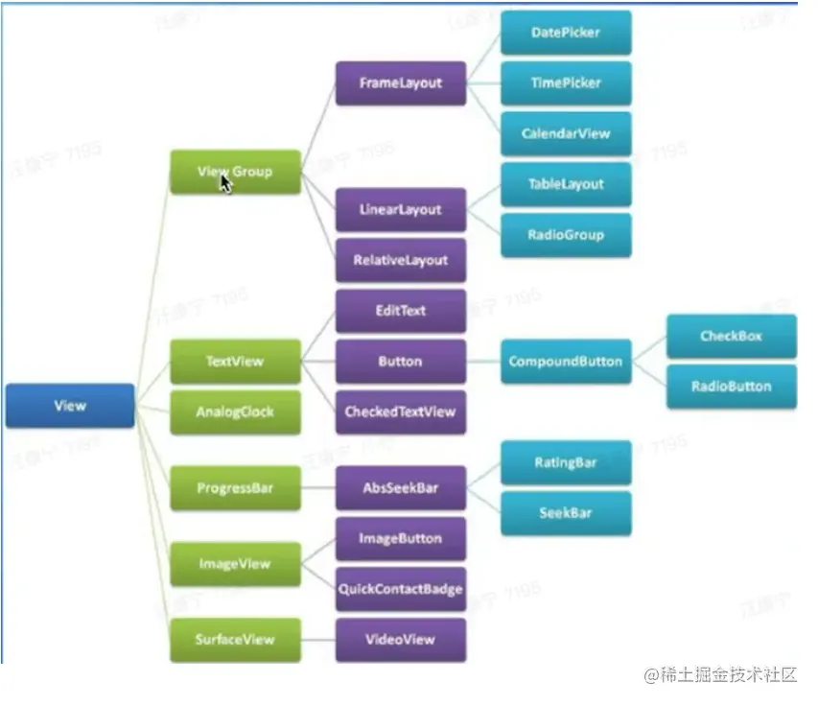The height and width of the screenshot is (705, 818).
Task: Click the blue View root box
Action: click(x=70, y=406)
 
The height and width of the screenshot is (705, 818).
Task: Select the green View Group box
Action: click(x=235, y=172)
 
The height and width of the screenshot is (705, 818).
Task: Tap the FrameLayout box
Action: click(x=401, y=83)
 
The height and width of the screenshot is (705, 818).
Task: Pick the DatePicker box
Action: click(x=566, y=33)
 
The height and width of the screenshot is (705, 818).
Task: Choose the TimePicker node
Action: click(x=566, y=83)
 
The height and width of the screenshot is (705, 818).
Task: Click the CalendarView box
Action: click(x=566, y=133)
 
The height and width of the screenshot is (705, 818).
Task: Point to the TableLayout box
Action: click(x=566, y=184)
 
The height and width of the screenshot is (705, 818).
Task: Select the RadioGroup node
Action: click(x=566, y=234)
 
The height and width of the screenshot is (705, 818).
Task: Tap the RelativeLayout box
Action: click(x=401, y=260)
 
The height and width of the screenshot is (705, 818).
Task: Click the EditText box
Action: click(x=401, y=311)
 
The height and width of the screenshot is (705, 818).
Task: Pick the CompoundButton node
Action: click(x=566, y=362)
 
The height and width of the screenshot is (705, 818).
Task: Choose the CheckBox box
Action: click(x=732, y=337)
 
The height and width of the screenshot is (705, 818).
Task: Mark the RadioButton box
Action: click(x=732, y=387)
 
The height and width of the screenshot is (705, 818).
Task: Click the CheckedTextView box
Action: click(x=401, y=412)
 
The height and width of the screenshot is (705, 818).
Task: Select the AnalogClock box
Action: click(x=235, y=412)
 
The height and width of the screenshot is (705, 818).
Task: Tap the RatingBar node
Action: click(x=566, y=462)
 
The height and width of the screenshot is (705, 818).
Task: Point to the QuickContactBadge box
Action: click(x=401, y=589)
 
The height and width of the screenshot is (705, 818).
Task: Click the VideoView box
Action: click(x=401, y=640)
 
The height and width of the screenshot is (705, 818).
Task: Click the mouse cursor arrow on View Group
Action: click(x=226, y=181)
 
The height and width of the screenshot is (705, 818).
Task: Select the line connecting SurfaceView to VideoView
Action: click(x=318, y=640)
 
